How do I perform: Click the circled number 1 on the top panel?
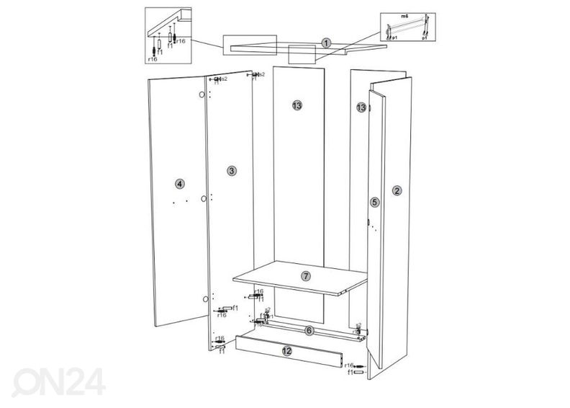point(326,43)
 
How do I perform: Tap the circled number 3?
point(231,171)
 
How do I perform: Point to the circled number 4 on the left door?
point(179,184)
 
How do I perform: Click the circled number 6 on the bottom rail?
point(308,331)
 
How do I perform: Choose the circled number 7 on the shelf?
point(305,276)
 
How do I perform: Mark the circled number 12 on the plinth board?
point(286,351)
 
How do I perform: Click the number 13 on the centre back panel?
point(297,106)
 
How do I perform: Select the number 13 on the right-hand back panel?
point(361,107)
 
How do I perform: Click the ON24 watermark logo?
point(61,380)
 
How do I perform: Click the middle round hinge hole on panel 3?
point(204,198)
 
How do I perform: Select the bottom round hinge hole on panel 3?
point(205,298)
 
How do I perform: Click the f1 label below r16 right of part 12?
point(350,373)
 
